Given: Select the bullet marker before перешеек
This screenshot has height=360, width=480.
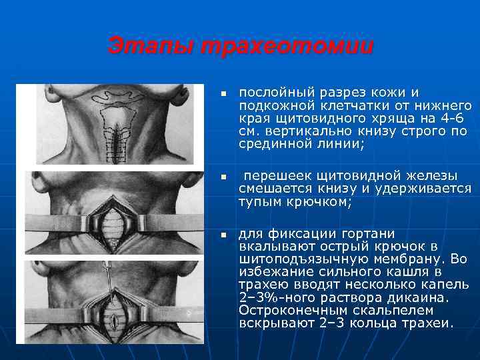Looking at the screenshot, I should pos(225,177).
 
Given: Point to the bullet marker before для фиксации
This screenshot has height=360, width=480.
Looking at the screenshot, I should pos(225,235).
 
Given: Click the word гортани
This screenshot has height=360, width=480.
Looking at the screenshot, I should pos(369,234).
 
